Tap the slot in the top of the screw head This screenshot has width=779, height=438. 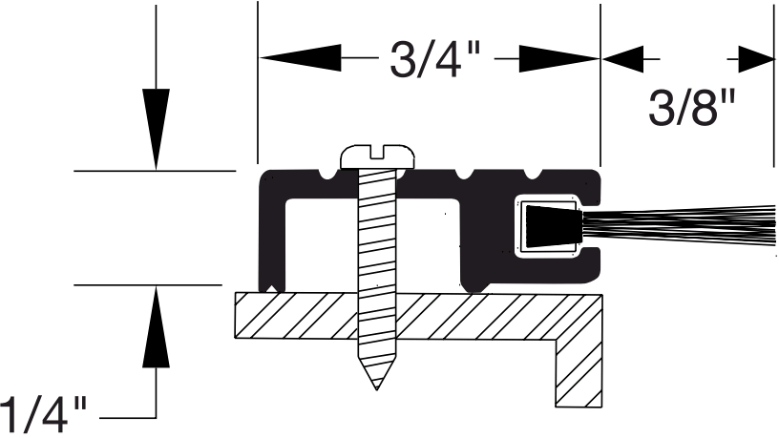click(x=379, y=149)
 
